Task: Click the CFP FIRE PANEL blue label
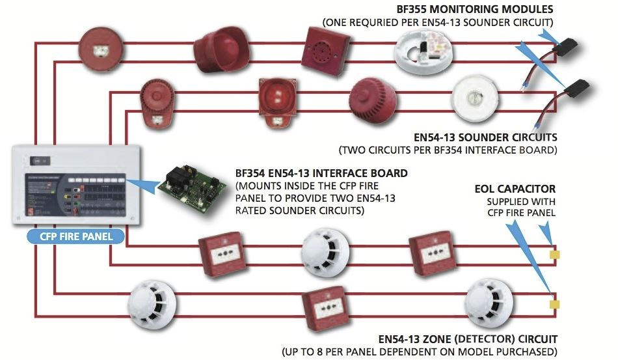(x=71, y=236)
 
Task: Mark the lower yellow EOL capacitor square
(x=554, y=303)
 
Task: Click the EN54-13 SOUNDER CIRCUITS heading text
(x=484, y=138)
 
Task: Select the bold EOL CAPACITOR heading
(x=515, y=189)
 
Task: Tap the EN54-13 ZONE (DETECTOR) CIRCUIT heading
(x=467, y=339)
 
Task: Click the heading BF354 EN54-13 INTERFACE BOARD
(x=321, y=174)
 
